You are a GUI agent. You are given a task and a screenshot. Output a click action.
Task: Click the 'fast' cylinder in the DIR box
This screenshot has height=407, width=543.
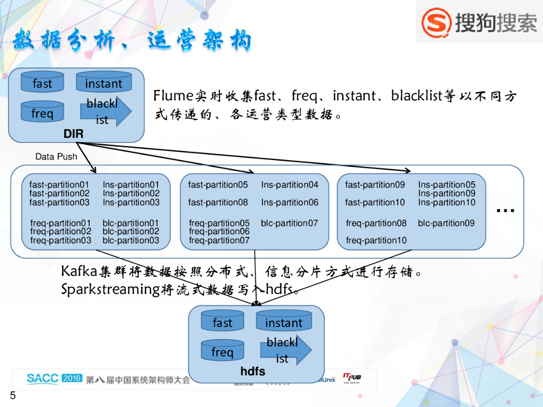point(42,83)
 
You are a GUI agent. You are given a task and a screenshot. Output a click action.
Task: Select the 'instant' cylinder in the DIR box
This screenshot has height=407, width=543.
point(103,83)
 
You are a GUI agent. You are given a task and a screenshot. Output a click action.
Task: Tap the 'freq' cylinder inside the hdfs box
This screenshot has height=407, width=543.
point(222,352)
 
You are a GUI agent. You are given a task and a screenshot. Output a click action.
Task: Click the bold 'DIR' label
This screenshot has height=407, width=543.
point(74,134)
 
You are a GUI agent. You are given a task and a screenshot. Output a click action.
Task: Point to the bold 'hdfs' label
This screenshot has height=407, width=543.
point(253,371)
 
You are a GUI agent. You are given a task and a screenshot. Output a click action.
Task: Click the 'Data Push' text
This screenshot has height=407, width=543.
point(56,157)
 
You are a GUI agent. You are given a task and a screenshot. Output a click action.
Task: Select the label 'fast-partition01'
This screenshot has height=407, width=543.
point(59,185)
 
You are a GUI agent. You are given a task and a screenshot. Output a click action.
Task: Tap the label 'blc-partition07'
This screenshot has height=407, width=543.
point(290,223)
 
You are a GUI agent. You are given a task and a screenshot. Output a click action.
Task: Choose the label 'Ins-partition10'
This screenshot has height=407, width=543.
point(447,202)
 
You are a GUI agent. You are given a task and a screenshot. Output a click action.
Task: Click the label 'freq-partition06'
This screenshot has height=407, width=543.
point(219,232)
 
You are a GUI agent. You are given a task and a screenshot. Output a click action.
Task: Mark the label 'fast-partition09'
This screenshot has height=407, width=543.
point(375,185)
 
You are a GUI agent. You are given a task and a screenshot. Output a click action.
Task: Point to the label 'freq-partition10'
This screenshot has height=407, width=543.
point(376,241)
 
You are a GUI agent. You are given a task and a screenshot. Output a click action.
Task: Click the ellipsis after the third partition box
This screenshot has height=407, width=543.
point(506,211)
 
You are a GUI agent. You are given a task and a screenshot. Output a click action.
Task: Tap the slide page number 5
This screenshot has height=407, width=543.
point(13,396)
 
